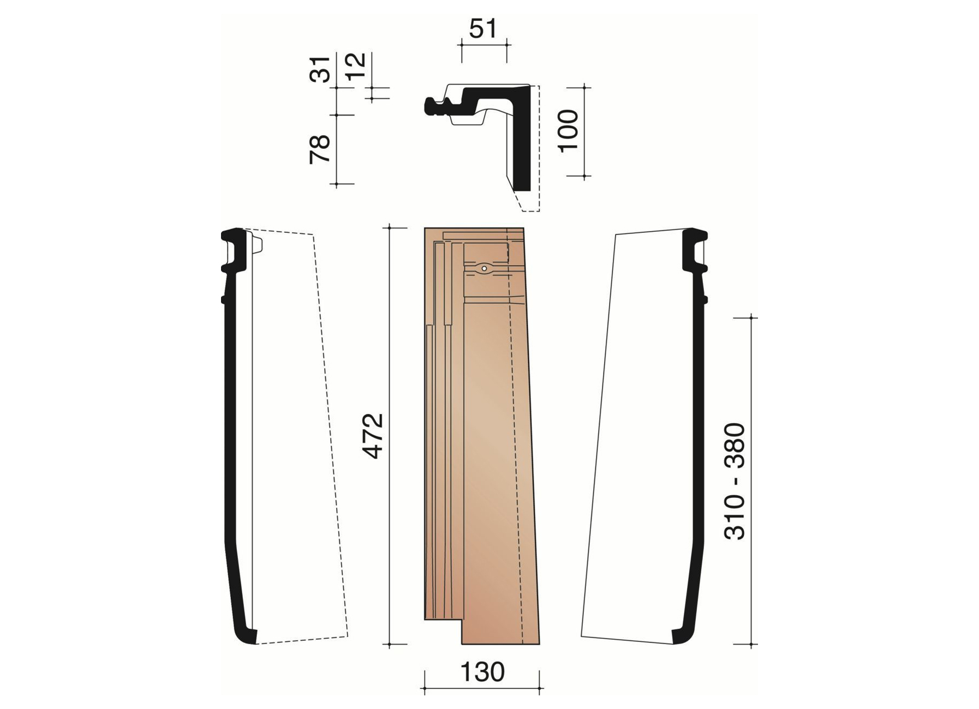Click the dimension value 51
tap(483, 28)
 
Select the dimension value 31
tap(321, 69)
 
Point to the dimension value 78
tap(321, 149)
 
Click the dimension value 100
tap(569, 131)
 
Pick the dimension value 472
tap(374, 436)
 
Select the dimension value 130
tap(482, 672)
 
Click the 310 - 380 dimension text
tap(735, 481)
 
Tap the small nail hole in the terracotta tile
tap(484, 268)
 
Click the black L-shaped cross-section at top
tap(523, 142)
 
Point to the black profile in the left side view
tap(229, 436)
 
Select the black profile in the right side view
tap(699, 436)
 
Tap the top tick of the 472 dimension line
tap(390, 227)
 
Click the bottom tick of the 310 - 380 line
tap(751, 645)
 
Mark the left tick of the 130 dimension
tap(425, 689)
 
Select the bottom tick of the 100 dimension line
tap(584, 177)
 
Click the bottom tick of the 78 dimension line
tap(337, 185)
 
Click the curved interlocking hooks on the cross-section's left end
tap(437, 106)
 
